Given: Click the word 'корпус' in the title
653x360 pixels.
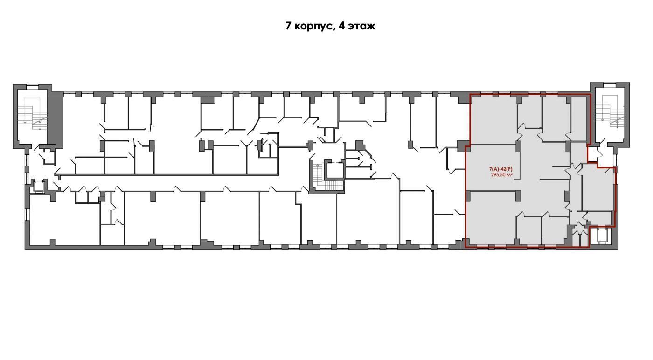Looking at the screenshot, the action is click(x=313, y=27).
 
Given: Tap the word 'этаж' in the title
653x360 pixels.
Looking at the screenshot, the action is click(x=361, y=26).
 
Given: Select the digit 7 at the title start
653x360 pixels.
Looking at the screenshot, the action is click(x=288, y=26).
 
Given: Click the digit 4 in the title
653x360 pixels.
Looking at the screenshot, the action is click(x=341, y=26).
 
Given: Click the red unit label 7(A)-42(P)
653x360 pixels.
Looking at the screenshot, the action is click(x=500, y=169).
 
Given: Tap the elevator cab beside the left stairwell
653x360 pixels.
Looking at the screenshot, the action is click(x=38, y=186).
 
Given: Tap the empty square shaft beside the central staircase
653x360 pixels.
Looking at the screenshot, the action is click(x=335, y=170).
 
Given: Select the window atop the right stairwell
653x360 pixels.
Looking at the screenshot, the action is click(x=610, y=85).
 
